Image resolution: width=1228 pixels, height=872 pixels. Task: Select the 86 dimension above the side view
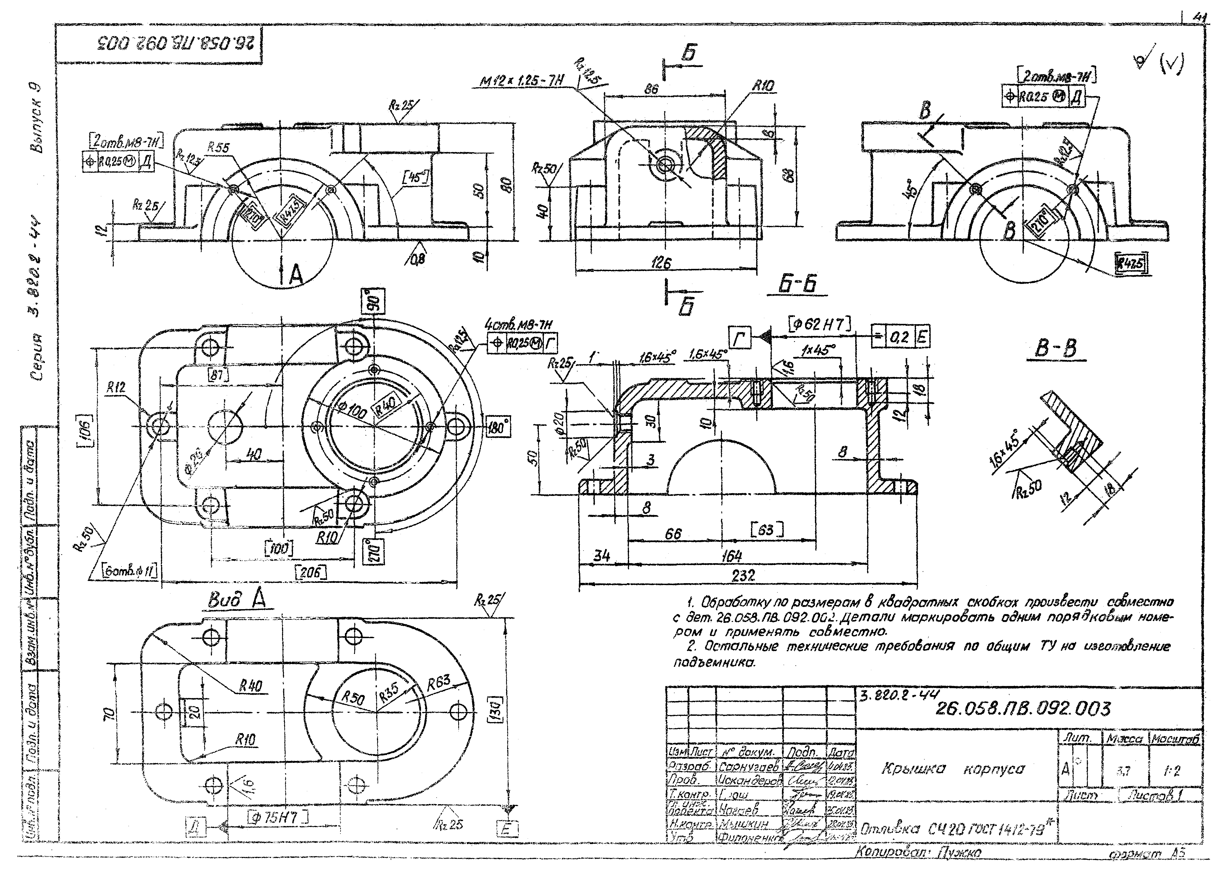[651, 89]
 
